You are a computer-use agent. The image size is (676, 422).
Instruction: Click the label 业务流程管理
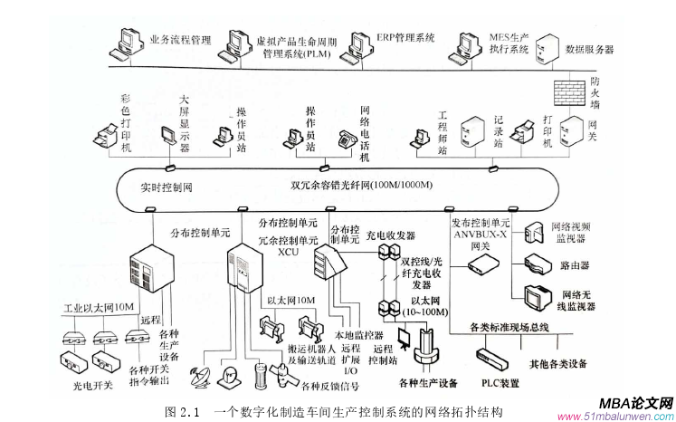point(179,40)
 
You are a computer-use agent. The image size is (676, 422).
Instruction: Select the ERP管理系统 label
point(405,38)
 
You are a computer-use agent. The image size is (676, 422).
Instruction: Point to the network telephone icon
point(345,139)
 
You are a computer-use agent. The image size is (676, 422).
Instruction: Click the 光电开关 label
point(91,384)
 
